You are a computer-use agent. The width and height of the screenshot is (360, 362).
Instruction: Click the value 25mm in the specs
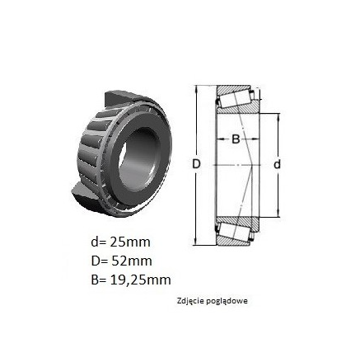[130, 242]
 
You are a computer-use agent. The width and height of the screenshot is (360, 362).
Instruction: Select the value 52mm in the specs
[131, 261]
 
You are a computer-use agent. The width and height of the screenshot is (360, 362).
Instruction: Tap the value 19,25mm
[140, 280]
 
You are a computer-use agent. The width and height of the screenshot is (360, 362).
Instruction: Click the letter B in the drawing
[236, 139]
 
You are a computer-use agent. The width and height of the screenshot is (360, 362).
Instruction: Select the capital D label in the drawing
[196, 164]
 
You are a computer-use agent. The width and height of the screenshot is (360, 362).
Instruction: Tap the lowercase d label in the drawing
[278, 164]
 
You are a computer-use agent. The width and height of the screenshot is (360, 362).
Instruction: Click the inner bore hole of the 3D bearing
[139, 159]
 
